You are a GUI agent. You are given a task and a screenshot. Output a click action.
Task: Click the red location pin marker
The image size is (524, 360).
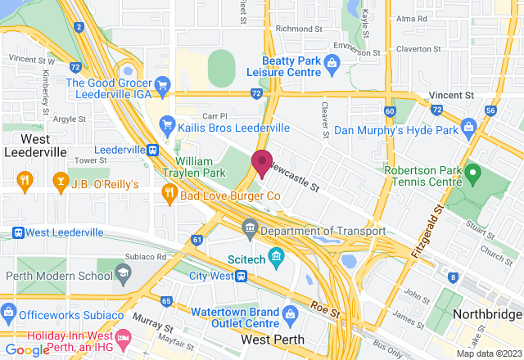[262, 163]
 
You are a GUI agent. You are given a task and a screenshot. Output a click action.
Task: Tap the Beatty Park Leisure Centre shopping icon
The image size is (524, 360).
[332, 62]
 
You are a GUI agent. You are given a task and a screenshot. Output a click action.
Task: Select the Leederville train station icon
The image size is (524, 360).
[152, 151]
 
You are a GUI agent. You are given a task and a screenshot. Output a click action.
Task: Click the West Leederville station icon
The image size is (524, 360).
[18, 232]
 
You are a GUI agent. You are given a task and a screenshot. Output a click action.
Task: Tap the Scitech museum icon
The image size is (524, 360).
[276, 257]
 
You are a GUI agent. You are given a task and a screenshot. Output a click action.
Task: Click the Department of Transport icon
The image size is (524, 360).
[250, 226]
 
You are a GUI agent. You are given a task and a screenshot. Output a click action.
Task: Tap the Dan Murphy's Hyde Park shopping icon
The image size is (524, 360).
[468, 127]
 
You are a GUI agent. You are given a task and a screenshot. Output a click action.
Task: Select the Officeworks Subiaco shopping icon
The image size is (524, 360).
[8, 311]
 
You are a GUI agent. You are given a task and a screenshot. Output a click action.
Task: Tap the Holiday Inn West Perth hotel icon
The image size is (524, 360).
[124, 337]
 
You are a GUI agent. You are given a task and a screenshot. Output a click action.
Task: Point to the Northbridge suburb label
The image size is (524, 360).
[486, 315]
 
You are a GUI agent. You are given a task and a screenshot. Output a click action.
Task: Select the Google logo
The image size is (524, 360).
[26, 349]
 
